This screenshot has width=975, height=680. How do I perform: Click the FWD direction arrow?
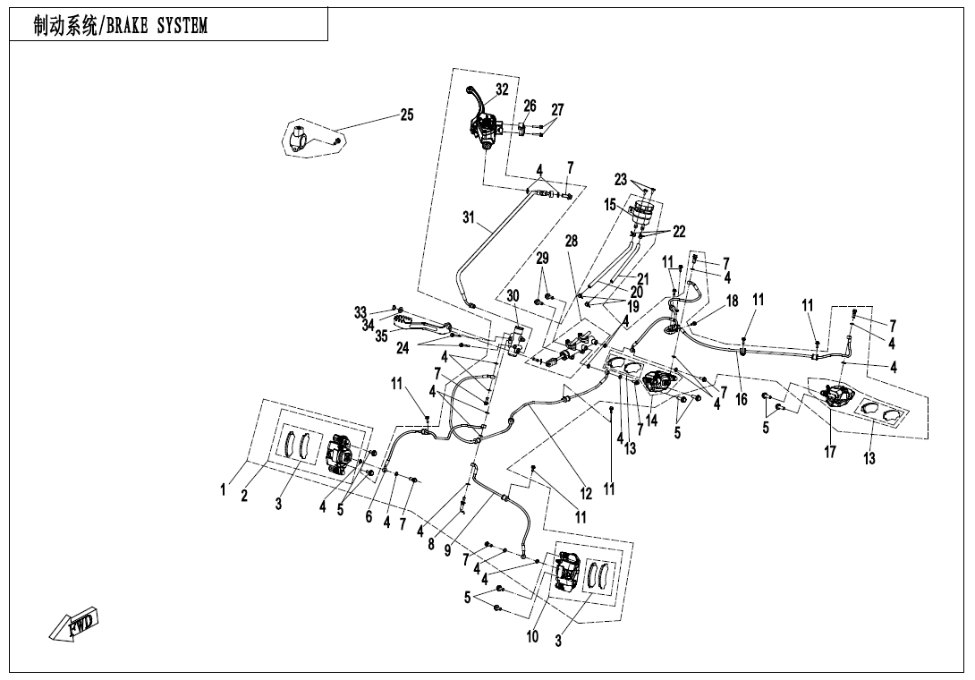75,625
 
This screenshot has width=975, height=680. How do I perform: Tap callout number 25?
406,115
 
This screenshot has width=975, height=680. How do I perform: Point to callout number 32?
502,89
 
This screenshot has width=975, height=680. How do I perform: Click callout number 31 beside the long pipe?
468,217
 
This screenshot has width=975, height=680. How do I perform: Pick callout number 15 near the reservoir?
610,205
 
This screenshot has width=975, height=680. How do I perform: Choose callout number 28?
572,242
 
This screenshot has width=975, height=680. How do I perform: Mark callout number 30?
513,296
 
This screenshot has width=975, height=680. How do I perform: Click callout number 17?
830,452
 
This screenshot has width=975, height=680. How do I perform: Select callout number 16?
742,399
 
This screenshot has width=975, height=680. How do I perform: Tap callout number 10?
533,636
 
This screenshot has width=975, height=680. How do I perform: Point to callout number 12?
586,493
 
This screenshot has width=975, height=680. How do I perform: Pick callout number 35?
382,336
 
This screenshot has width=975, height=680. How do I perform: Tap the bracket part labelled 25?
304,140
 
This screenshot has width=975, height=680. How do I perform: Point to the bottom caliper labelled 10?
567,572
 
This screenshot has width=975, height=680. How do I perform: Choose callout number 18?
733,302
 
